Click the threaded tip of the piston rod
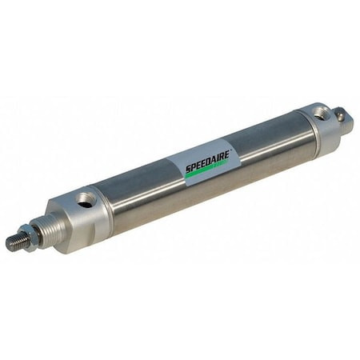(14, 242)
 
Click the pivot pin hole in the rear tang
(342, 117)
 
